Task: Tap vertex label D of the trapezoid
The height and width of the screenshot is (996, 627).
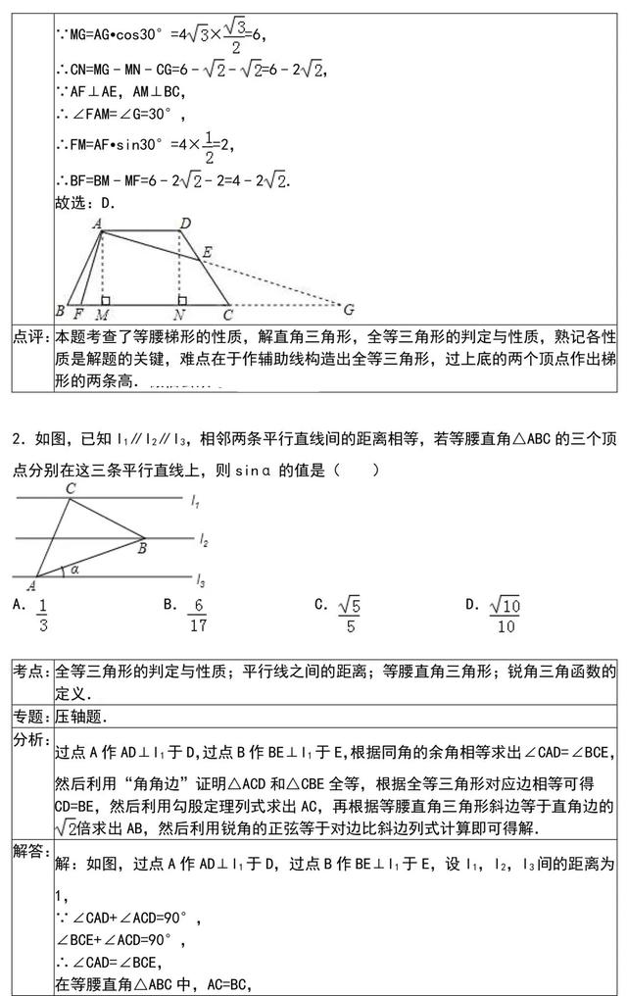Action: (184, 224)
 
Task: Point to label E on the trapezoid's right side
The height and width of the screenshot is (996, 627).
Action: (207, 252)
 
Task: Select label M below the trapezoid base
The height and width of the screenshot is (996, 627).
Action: (102, 315)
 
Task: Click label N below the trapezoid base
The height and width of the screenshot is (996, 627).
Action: (179, 315)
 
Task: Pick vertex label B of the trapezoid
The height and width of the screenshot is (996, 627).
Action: (60, 313)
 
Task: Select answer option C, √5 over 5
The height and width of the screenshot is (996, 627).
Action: (348, 615)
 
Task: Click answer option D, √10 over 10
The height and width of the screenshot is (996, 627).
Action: (504, 615)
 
